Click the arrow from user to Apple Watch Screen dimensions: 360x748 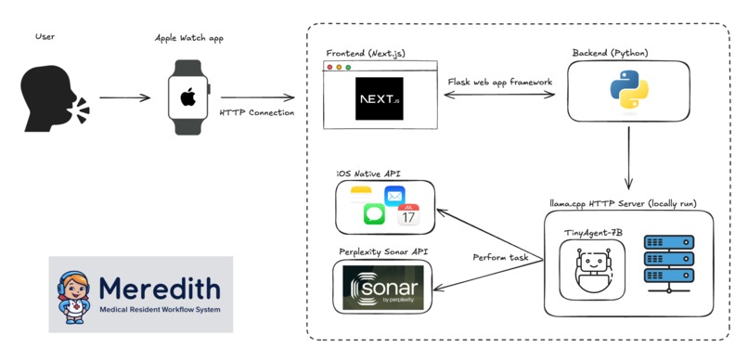tap(124, 97)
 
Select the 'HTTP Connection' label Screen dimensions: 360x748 tap(257, 113)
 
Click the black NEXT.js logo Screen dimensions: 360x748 tap(380, 98)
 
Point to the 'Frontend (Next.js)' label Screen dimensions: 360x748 tap(364, 54)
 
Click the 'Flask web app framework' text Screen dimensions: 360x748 tap(500, 83)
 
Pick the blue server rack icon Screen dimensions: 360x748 tap(668, 261)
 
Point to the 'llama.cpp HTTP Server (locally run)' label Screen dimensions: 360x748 tap(628, 202)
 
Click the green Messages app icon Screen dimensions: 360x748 tap(374, 214)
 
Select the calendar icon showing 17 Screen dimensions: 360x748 tap(408, 215)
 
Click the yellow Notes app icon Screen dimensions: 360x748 tap(361, 192)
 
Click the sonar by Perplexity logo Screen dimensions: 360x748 tap(382, 287)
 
